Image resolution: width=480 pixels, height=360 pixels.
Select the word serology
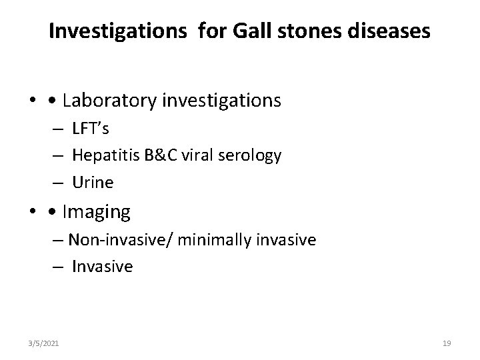coord(253,156)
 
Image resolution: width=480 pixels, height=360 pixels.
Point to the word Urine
coord(93,182)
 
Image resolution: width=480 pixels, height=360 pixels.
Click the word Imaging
coord(96,213)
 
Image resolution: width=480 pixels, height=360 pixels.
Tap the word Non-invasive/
coord(115,240)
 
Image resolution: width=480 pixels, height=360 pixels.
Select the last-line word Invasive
coord(103,267)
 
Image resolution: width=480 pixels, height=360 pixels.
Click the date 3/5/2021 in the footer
coord(45,343)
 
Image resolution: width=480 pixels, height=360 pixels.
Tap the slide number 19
coord(447,343)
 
